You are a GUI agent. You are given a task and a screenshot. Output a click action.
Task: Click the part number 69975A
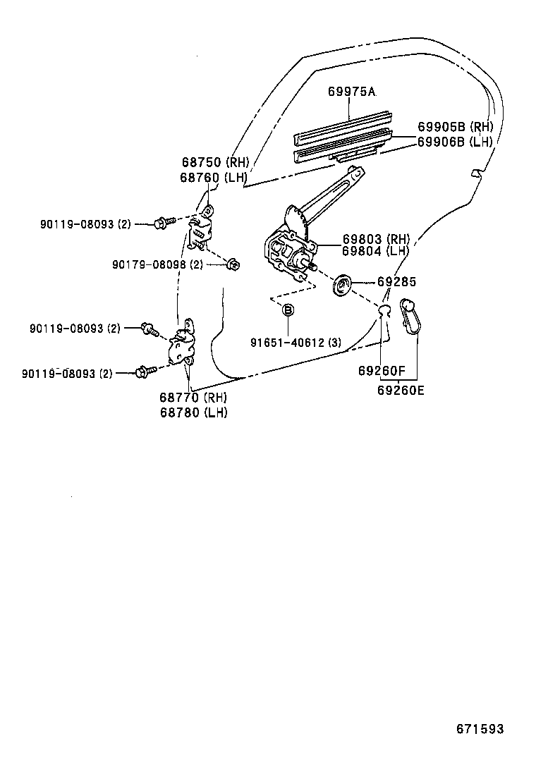[351, 92]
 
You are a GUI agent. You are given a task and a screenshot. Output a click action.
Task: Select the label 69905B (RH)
[454, 127]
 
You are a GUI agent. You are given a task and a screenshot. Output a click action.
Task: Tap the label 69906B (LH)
[454, 141]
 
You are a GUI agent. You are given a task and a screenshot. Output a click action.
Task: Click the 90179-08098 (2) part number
[157, 264]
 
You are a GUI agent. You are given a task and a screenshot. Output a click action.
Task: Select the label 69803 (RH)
[376, 239]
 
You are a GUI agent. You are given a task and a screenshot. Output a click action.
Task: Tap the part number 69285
[396, 281]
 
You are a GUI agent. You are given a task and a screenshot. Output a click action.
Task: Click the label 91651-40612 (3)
[296, 343]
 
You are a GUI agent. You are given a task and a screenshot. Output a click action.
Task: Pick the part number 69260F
[382, 370]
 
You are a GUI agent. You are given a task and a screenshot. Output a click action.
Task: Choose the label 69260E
[401, 388]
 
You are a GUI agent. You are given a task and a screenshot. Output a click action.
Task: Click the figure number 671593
[480, 729]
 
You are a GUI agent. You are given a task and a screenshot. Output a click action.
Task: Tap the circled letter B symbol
[288, 310]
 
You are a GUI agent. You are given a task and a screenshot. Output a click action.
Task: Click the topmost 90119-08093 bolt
[160, 223]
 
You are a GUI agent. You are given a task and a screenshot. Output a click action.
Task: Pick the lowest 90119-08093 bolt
[143, 371]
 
